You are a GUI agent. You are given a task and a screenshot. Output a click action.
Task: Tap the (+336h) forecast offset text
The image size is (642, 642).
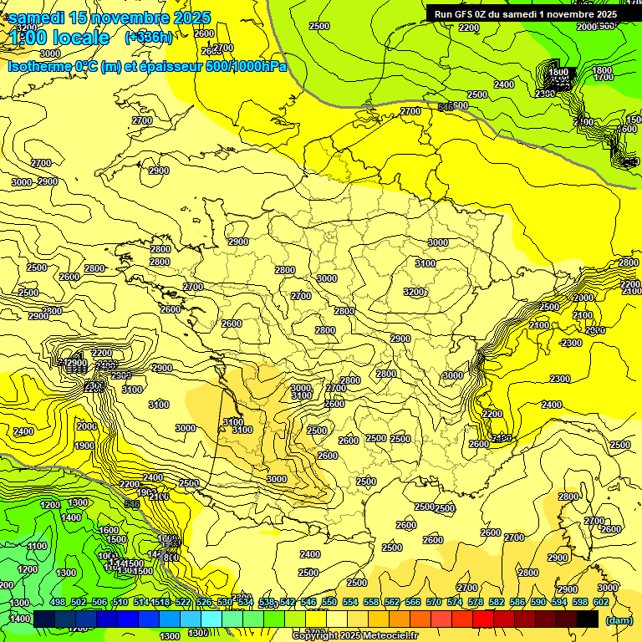click(x=149, y=37)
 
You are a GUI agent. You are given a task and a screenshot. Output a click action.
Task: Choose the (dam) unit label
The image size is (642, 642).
click(x=619, y=619)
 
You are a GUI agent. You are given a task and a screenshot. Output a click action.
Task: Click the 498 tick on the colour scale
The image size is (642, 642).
click(x=58, y=602)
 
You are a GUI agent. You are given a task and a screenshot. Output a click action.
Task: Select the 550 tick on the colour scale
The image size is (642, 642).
click(x=329, y=602)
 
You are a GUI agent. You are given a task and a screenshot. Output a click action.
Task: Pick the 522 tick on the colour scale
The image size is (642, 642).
click(x=183, y=602)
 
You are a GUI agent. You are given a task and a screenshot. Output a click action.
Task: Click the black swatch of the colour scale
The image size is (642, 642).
click(x=588, y=619)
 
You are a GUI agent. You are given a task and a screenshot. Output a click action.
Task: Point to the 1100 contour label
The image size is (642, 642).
click(x=38, y=546)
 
